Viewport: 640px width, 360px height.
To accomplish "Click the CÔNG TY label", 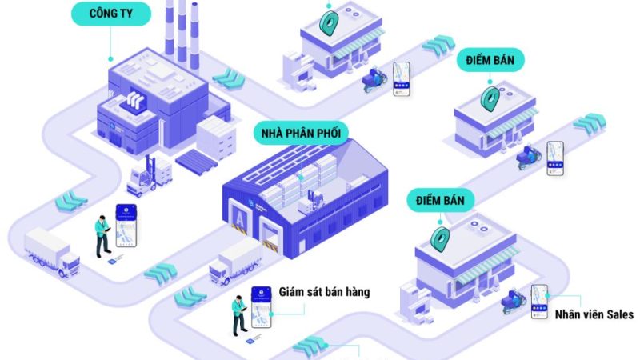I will [110, 13].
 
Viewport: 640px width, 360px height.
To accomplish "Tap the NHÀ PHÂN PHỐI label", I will [300, 132].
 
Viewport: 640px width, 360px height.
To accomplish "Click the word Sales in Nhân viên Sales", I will [617, 314].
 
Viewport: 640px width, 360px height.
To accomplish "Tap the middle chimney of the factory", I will [182, 28].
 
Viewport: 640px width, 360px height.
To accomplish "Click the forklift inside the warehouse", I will [310, 199].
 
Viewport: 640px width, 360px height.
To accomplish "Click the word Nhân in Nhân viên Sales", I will [570, 314].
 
